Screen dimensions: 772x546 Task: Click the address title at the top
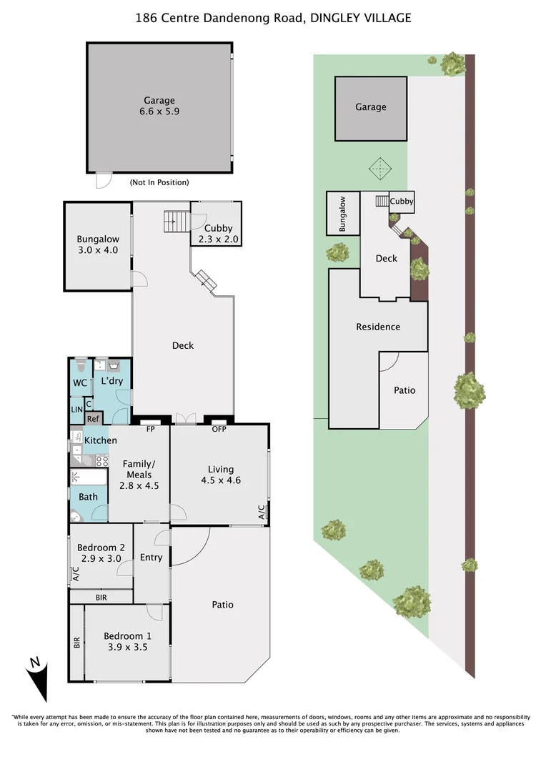tap(273, 18)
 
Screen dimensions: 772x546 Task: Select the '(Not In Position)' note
tap(159, 182)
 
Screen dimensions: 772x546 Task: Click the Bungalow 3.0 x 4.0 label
tap(98, 245)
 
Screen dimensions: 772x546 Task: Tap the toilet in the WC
tap(81, 365)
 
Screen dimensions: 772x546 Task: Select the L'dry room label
tap(111, 381)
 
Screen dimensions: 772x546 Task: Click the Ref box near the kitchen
tap(93, 419)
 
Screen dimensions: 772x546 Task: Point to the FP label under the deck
tap(151, 430)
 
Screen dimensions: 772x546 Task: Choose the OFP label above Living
tap(219, 430)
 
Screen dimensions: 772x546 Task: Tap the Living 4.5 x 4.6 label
tap(220, 475)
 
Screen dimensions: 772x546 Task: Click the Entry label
tap(151, 558)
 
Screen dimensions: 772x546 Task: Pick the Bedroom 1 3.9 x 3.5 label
tap(126, 642)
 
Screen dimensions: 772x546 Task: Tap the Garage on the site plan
tap(371, 107)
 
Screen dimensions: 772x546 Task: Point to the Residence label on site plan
tap(378, 327)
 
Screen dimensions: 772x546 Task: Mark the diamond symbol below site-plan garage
tap(379, 169)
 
